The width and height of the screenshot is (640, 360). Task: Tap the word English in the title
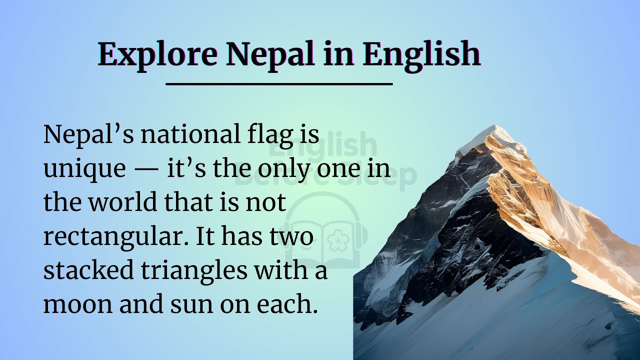[421, 54]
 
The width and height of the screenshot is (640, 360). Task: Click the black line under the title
[279, 84]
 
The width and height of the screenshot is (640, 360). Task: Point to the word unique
[84, 170]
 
